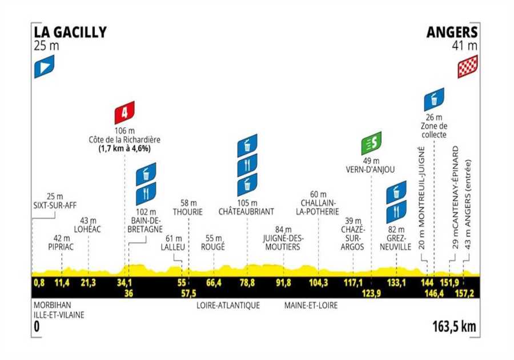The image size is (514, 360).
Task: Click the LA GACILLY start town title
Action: tap(70, 33)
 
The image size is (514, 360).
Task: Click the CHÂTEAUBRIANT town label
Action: tap(247, 211)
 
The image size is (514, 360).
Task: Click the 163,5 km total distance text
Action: tap(455, 327)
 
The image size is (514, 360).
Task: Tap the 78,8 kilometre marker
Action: tap(247, 283)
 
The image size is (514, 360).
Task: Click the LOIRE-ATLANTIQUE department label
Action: tap(228, 306)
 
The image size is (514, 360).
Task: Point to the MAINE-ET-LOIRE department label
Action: tap(311, 306)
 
